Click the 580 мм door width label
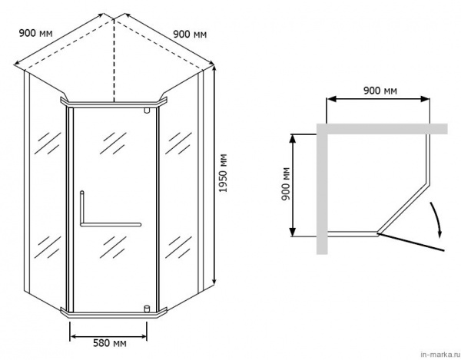110,343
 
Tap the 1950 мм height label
224,173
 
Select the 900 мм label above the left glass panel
35,33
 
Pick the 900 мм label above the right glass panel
190,35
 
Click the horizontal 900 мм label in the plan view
380,91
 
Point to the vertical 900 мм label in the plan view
286,183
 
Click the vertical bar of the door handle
82,208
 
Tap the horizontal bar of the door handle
111,225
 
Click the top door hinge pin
147,111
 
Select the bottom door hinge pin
147,309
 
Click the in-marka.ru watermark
439,355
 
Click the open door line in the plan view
411,243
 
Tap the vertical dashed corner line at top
114,60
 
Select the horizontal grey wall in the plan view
382,129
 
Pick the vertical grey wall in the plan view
322,189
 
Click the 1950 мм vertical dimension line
214,174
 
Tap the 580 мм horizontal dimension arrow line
108,336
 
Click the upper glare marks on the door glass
113,144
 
